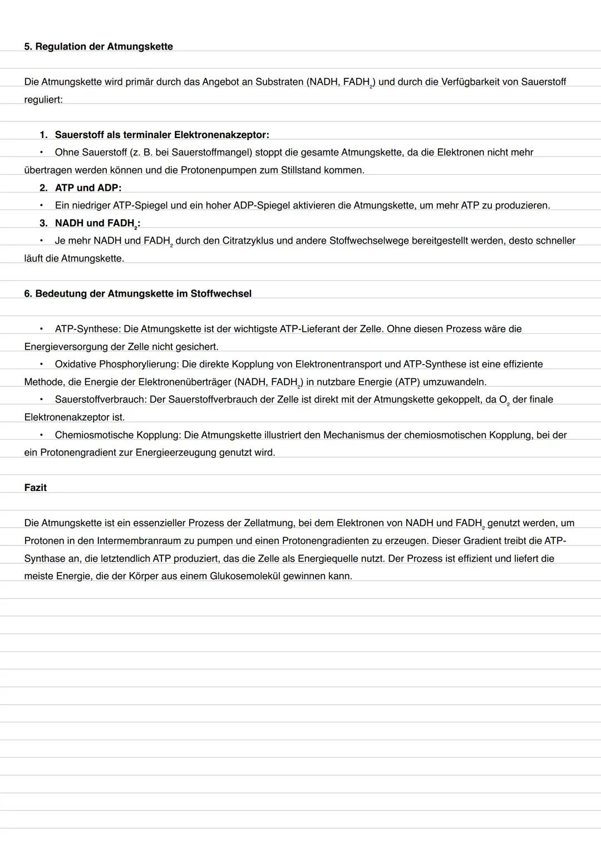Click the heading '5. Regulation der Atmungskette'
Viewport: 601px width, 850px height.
click(98, 47)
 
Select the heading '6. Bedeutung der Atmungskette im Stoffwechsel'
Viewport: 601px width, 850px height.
click(137, 293)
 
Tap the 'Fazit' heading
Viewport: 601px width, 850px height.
click(35, 488)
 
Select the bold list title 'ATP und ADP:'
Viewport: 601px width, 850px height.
click(88, 188)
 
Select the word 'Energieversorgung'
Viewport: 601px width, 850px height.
click(66, 347)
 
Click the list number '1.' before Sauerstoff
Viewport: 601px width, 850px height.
click(43, 135)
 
